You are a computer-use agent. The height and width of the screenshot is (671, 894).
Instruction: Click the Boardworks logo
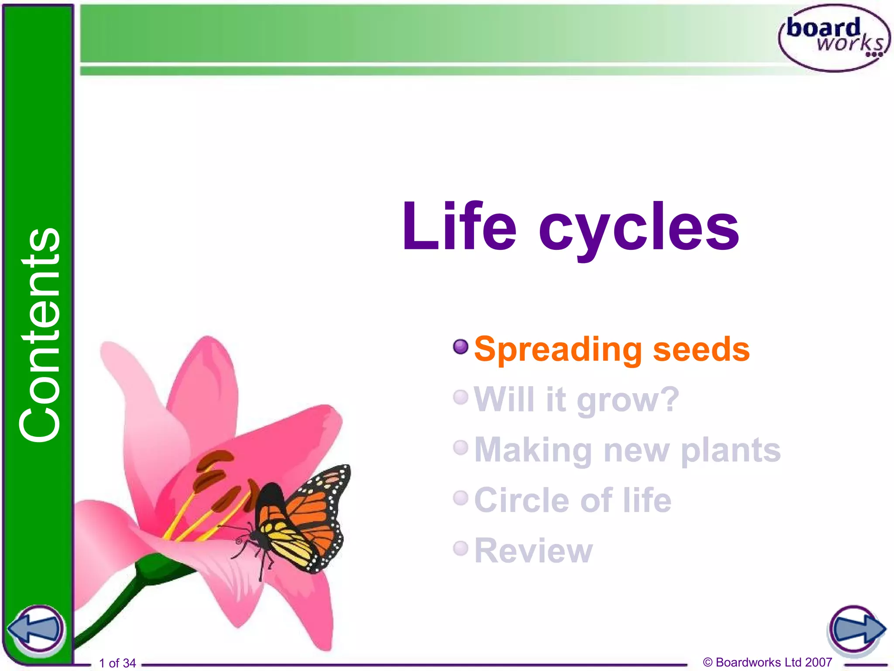pos(834,38)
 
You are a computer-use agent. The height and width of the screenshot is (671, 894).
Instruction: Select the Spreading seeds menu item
pos(612,349)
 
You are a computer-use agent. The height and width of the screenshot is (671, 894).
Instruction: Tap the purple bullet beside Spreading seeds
pos(461,347)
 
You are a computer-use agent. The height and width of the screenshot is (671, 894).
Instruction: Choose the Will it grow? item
pos(576,399)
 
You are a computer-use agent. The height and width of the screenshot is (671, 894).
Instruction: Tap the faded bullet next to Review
pos(461,548)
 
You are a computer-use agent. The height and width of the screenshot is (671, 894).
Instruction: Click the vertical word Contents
pos(39,335)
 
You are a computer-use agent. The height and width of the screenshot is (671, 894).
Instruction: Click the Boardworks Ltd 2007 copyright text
pos(767,662)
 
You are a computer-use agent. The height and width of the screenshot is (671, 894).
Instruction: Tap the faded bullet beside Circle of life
pos(461,498)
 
